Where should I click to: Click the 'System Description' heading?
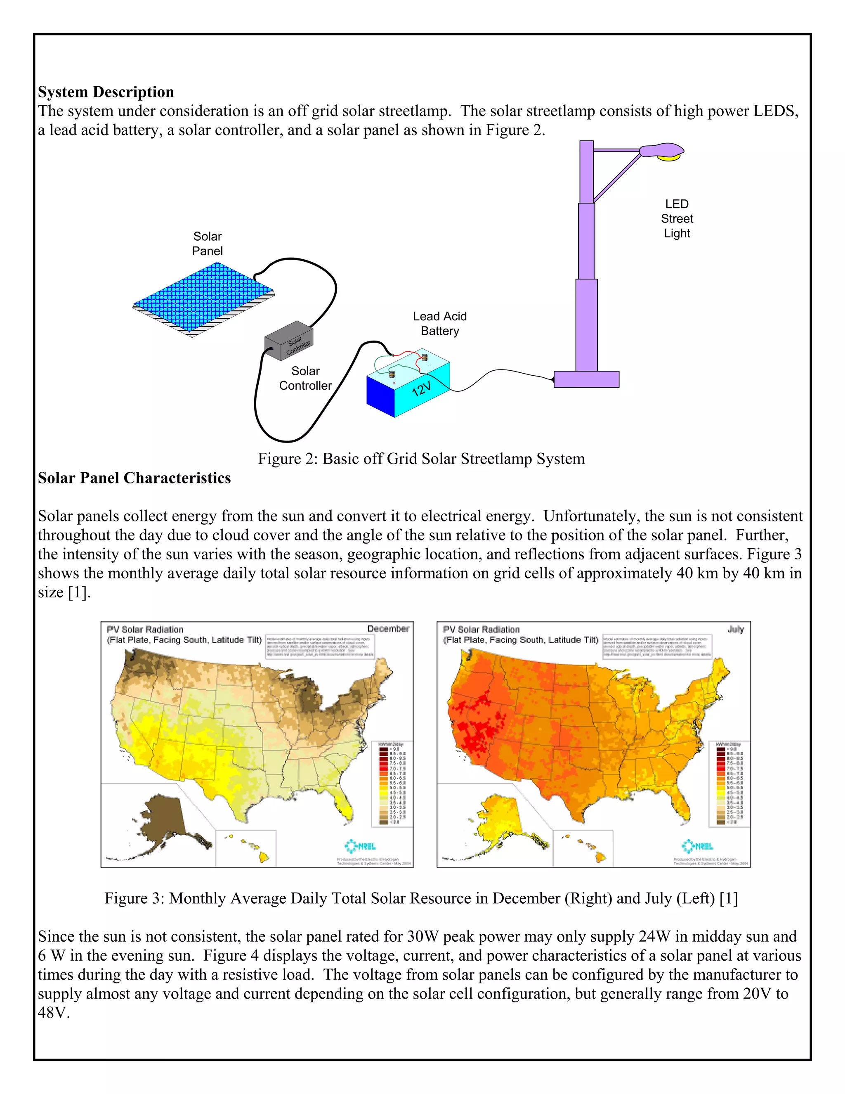[106, 92]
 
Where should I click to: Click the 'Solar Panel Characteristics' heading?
[134, 478]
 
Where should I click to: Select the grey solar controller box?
[288, 341]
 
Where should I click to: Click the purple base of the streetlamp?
[586, 379]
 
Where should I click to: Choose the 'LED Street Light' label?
[677, 219]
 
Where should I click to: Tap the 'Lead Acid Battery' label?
[439, 324]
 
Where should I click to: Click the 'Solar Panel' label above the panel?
[207, 244]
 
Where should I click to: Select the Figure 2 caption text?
[421, 459]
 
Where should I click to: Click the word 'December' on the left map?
[388, 629]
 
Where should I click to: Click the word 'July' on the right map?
[735, 629]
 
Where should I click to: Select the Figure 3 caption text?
[421, 898]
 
